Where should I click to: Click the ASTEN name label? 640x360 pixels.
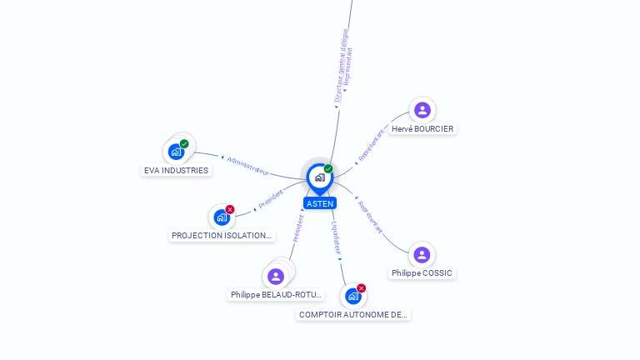click(x=320, y=203)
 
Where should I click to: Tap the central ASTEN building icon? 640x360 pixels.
click(x=319, y=177)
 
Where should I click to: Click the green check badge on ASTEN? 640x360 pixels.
click(x=328, y=168)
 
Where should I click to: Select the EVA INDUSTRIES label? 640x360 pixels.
click(x=176, y=171)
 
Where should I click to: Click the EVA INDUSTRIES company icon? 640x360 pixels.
click(x=176, y=152)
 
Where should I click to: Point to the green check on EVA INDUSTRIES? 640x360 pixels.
click(x=184, y=143)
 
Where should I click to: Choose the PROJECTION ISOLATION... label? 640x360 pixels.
click(x=222, y=236)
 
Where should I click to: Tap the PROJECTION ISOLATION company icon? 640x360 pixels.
click(x=222, y=217)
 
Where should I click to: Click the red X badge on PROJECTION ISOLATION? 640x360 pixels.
click(x=230, y=209)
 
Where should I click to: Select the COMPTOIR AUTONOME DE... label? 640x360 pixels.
click(x=353, y=315)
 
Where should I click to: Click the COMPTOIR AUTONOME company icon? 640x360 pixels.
click(x=353, y=296)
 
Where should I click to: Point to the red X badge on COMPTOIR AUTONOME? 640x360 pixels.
click(x=362, y=288)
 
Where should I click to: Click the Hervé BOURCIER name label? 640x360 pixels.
click(x=422, y=129)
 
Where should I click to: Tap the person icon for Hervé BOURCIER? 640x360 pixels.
click(x=422, y=110)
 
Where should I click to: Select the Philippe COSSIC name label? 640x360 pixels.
click(x=422, y=273)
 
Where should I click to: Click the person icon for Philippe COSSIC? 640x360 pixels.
click(x=422, y=254)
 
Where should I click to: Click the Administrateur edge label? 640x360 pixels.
click(x=247, y=165)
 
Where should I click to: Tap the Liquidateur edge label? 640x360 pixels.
click(x=336, y=237)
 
